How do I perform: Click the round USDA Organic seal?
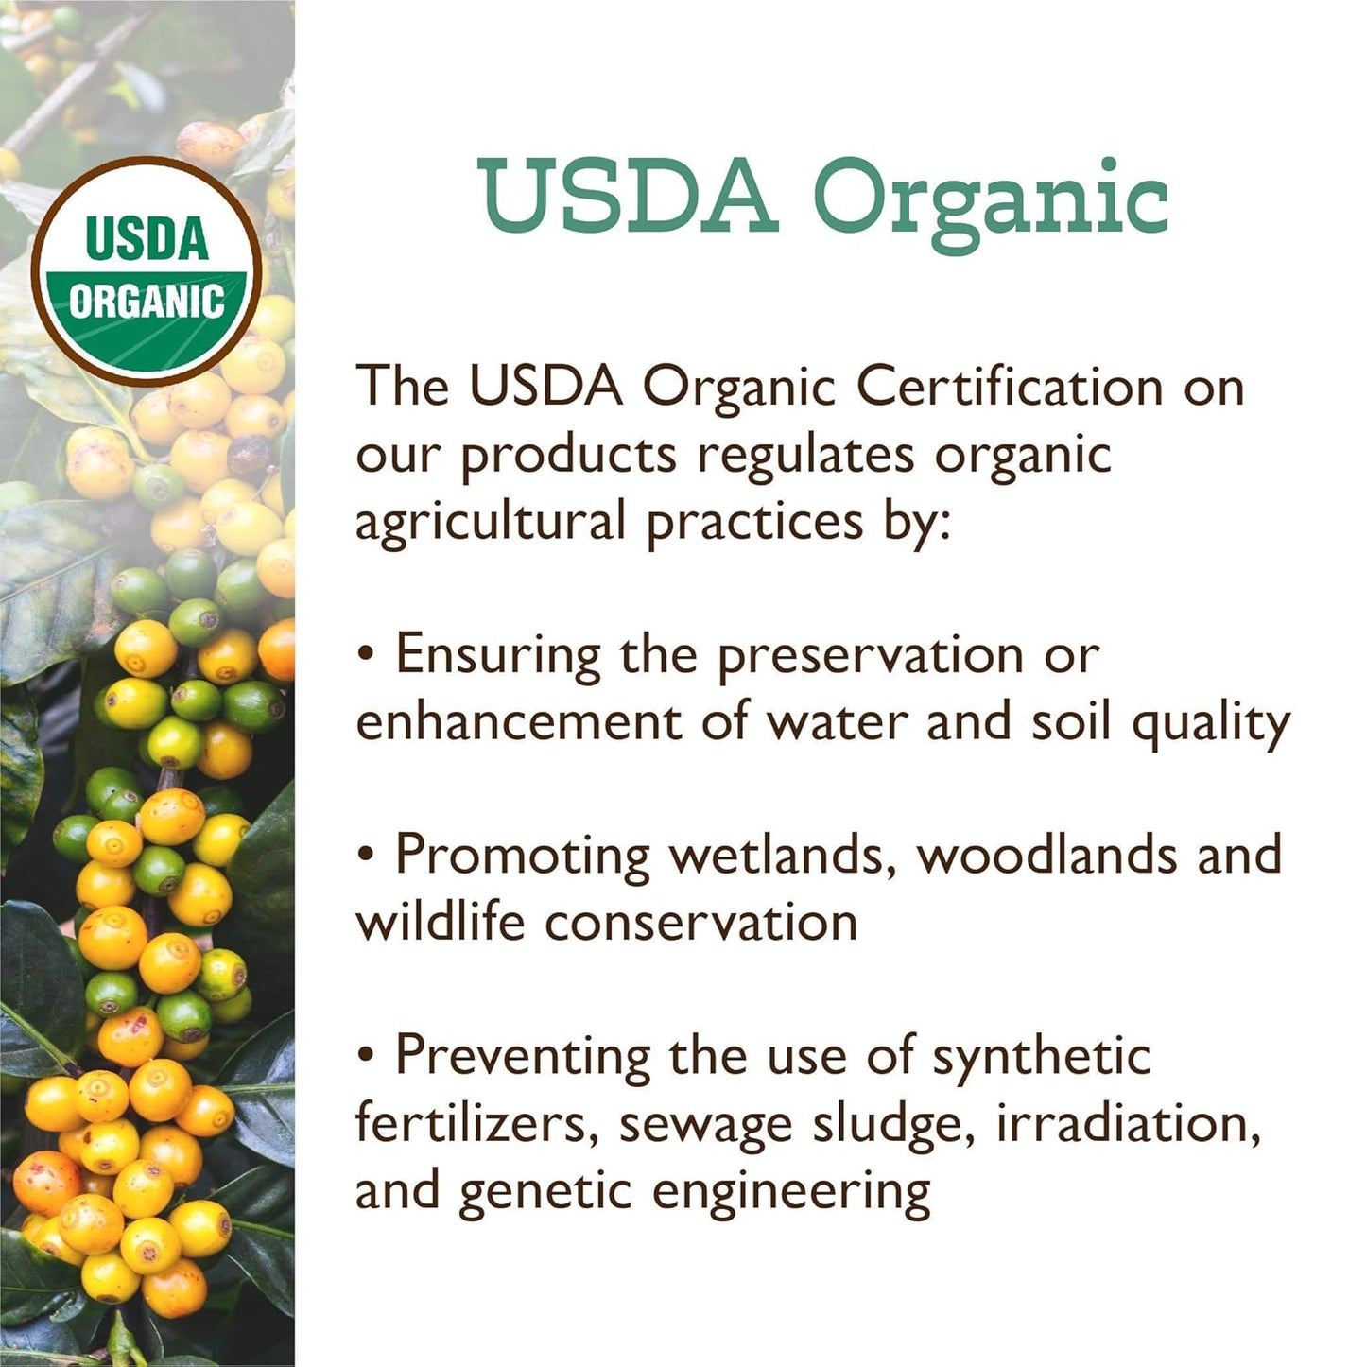(147, 271)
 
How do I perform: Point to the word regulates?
(806, 454)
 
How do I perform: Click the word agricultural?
(491, 522)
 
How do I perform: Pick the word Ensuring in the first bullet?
(497, 655)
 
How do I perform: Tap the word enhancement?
(518, 721)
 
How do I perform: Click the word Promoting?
(523, 856)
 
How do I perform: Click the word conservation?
(700, 923)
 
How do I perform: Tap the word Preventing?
(523, 1056)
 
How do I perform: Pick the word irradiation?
(1128, 1123)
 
